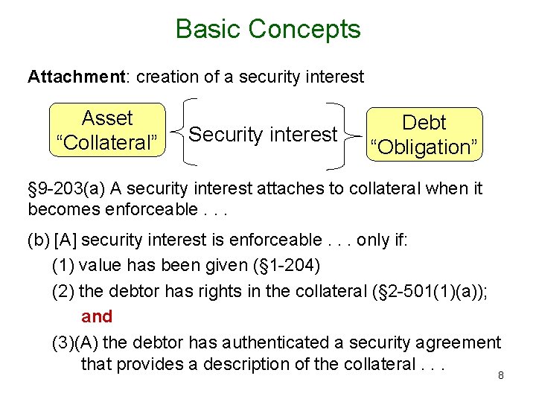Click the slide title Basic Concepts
[268, 29]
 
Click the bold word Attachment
[66, 76]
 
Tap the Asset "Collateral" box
[106, 130]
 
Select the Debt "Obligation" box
[424, 134]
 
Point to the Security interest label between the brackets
[263, 135]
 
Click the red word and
[97, 316]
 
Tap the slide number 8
[501, 376]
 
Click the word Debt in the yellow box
[424, 122]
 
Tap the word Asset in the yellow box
[107, 118]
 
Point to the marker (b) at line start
[38, 239]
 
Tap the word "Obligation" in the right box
[424, 147]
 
